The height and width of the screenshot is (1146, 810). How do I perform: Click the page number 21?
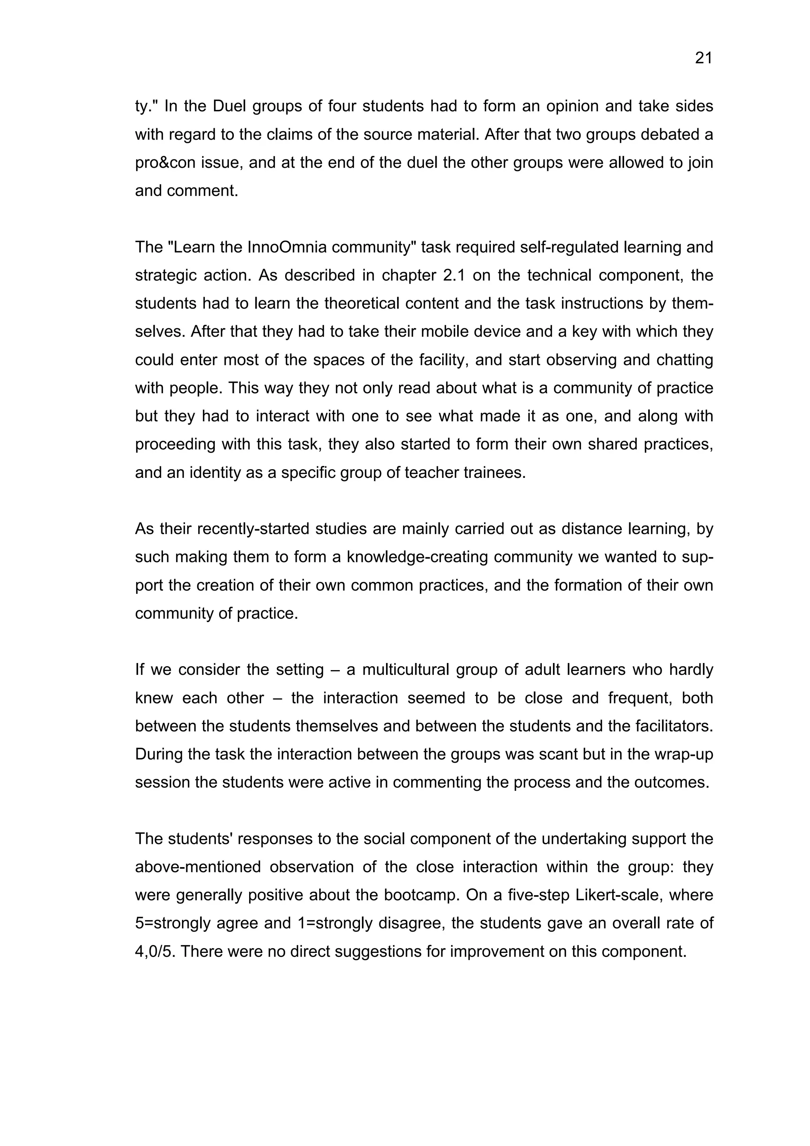click(703, 59)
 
